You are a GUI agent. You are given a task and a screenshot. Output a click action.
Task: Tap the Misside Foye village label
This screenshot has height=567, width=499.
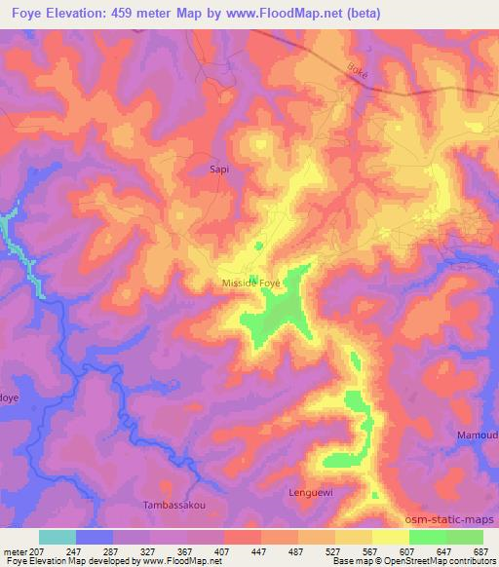[250, 283]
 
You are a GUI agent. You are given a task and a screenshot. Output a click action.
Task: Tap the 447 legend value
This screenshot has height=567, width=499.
[260, 550]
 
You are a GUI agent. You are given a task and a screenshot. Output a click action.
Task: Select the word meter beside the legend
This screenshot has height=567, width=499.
[17, 550]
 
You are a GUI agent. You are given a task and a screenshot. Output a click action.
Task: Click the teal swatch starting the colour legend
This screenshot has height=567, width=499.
[58, 537]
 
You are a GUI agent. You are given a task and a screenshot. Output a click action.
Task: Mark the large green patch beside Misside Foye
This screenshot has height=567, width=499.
[279, 315]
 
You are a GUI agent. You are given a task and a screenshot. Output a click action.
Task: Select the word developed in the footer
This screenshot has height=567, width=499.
[115, 561]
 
